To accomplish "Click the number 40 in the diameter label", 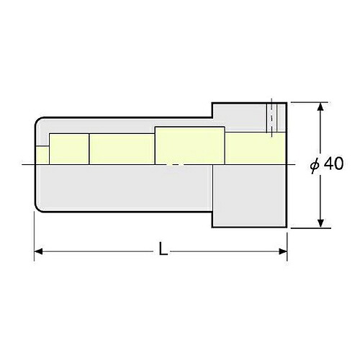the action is tap(334, 164).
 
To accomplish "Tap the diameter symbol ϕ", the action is tap(315, 165).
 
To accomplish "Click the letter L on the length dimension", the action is tap(163, 248).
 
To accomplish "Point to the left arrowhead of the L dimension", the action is tap(38, 251).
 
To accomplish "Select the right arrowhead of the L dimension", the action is tap(283, 251).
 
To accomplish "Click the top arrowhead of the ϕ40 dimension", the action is tap(320, 107).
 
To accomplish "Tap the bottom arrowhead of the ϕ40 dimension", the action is tap(320, 223).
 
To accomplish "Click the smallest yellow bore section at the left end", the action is tap(42, 155).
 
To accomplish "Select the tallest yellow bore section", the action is tap(190, 145).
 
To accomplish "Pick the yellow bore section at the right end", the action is tap(256, 148).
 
